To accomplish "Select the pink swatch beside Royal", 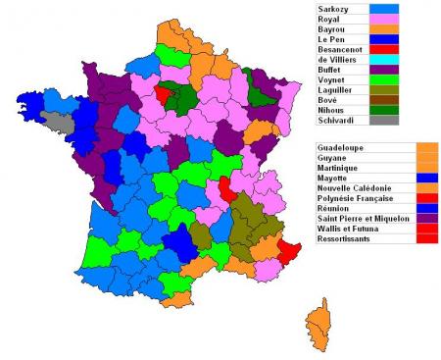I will pos(384,19).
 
